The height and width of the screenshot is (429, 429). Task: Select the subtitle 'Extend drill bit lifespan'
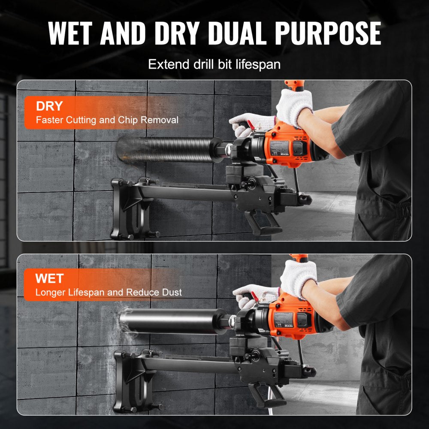click(214, 65)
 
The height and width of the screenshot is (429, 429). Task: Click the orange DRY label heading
click(50, 106)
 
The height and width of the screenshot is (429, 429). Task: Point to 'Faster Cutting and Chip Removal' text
click(107, 120)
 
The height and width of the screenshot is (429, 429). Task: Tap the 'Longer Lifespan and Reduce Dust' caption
click(109, 292)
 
